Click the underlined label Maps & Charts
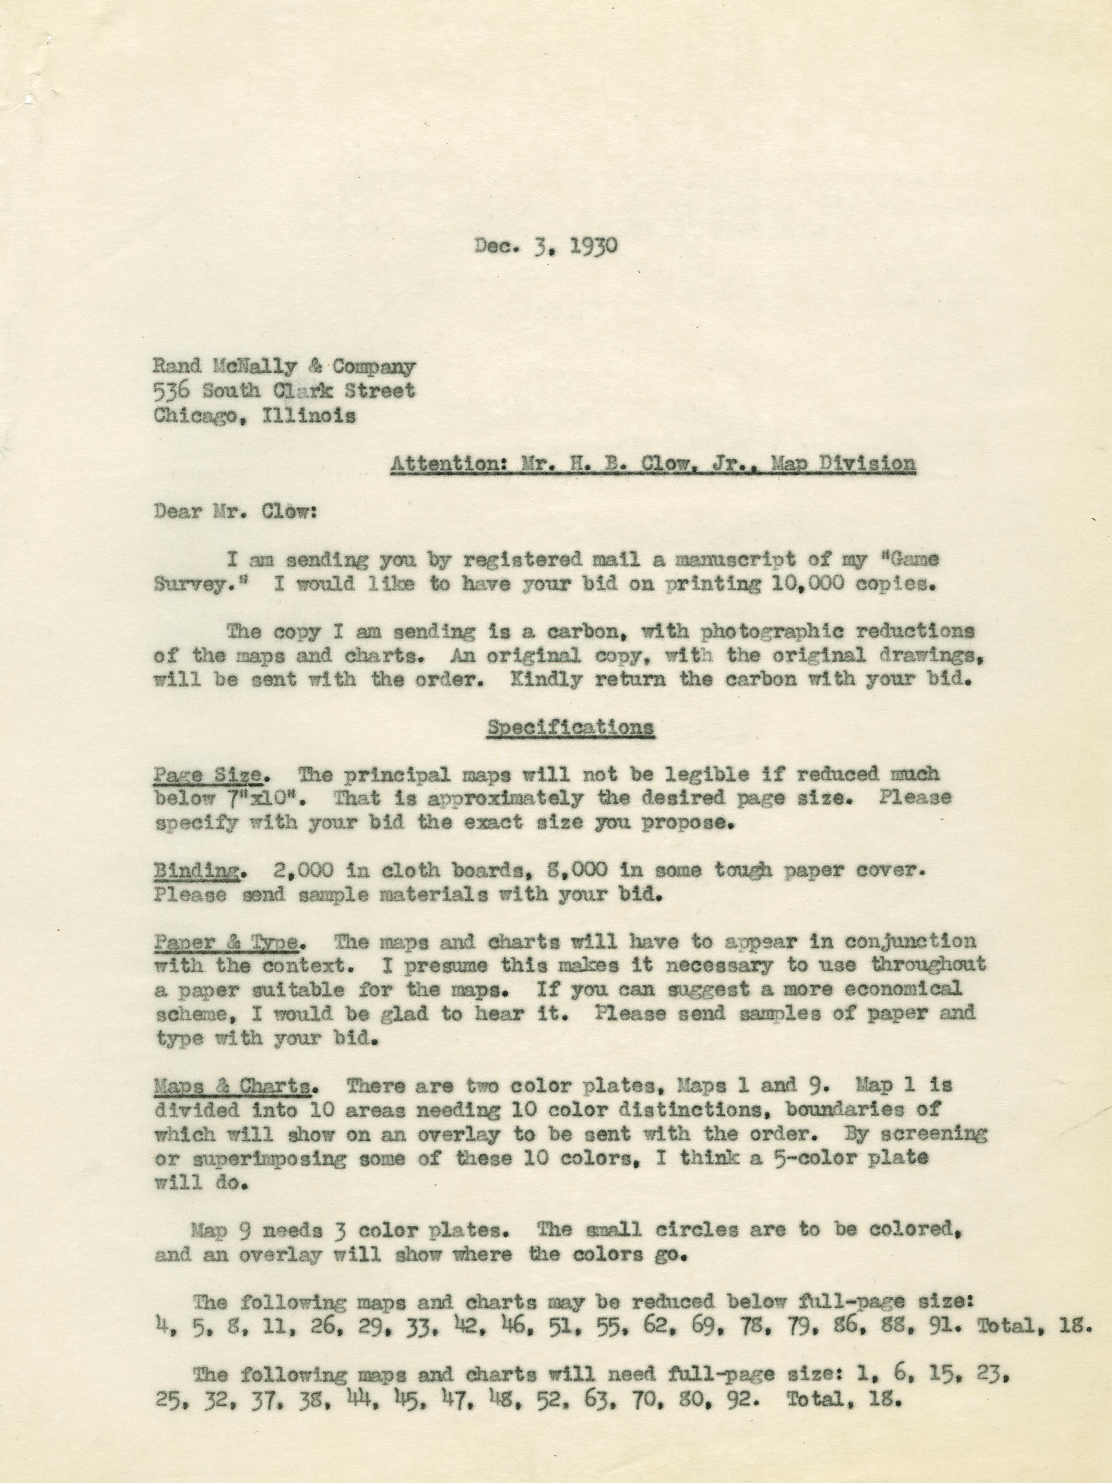232,1086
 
